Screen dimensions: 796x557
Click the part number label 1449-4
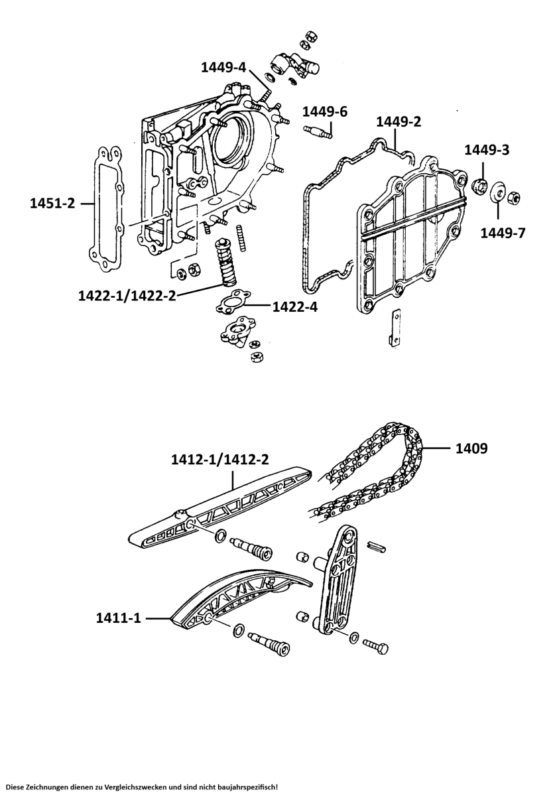[x=223, y=67]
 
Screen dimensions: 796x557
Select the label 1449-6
[x=325, y=111]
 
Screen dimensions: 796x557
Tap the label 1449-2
[x=399, y=121]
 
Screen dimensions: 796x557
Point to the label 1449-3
[x=486, y=150]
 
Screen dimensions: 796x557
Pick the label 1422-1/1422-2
[x=127, y=296]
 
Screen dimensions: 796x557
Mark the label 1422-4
[x=294, y=306]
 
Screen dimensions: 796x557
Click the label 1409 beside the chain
[x=471, y=448]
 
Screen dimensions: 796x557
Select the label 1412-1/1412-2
[x=219, y=460]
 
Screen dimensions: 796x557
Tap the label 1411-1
[x=117, y=618]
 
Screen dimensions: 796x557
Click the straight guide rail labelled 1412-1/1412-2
[x=219, y=507]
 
